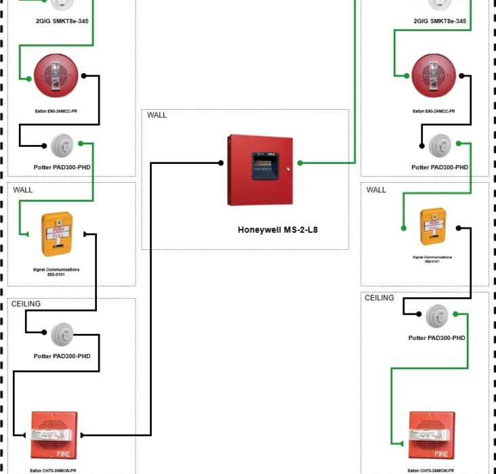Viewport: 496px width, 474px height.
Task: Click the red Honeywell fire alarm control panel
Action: point(261,171)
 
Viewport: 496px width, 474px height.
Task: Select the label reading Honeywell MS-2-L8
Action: point(278,230)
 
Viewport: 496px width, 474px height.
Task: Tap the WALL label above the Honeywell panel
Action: point(157,115)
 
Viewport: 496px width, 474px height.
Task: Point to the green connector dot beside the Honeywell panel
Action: point(299,163)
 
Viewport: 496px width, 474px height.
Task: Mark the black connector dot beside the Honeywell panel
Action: point(222,163)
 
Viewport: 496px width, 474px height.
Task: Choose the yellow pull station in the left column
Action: point(57,234)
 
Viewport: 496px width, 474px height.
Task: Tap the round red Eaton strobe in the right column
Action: point(434,76)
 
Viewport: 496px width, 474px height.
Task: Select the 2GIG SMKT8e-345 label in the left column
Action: point(62,21)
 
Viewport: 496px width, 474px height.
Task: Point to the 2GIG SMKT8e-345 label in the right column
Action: point(440,21)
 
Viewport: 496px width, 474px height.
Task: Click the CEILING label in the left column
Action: point(26,304)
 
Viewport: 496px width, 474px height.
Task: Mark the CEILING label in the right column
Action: point(379,298)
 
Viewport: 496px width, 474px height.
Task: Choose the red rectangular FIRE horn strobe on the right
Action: point(432,435)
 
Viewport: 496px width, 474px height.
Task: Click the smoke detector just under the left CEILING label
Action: point(62,333)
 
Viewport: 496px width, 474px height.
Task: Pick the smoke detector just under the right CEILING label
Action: point(437,314)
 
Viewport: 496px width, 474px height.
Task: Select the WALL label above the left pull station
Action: point(22,190)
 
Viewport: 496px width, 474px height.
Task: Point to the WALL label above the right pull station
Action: point(376,190)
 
